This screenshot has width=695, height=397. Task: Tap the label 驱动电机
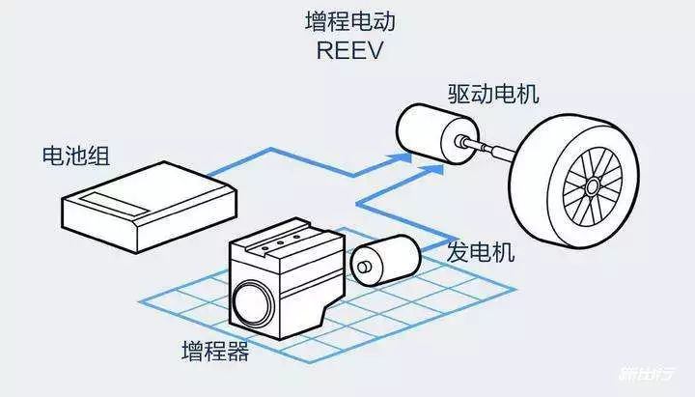[x=492, y=95]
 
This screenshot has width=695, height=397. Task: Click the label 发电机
[x=480, y=253]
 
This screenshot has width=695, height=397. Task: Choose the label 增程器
[x=214, y=351]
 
